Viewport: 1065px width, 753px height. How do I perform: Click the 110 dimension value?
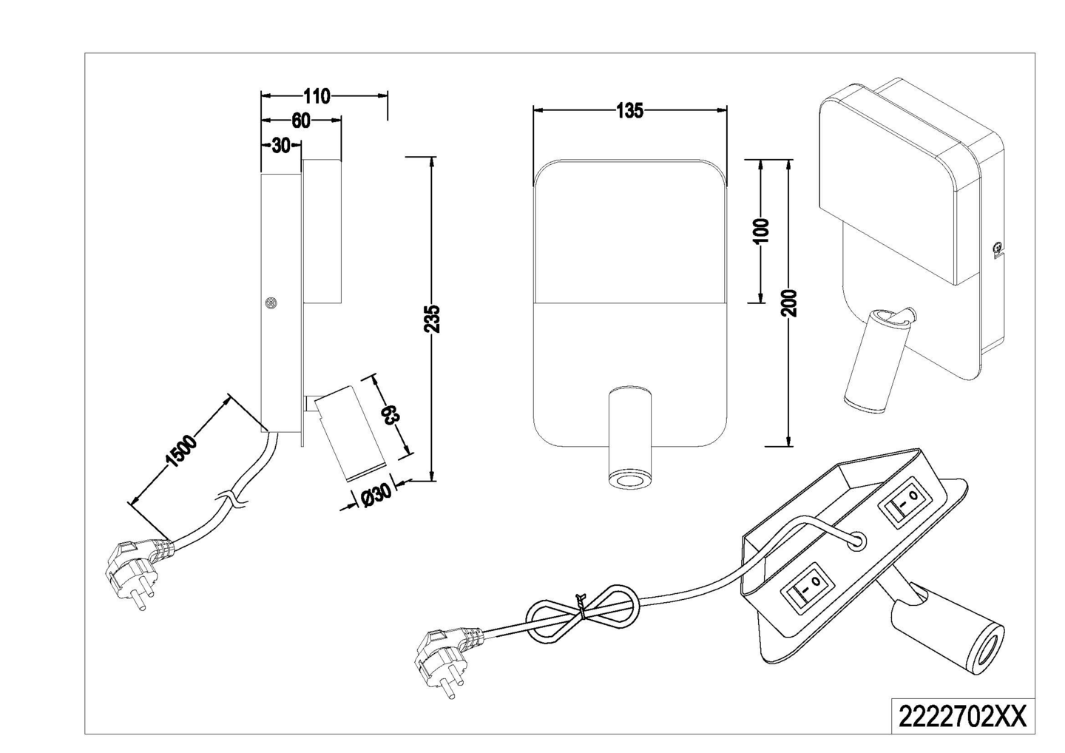317,96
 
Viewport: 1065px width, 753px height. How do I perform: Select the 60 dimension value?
300,121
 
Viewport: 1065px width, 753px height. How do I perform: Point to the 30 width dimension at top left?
280,146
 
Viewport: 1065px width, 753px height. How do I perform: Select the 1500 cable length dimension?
182,452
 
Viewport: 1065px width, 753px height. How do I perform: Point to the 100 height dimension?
763,231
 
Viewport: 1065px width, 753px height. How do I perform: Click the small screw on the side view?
271,303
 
